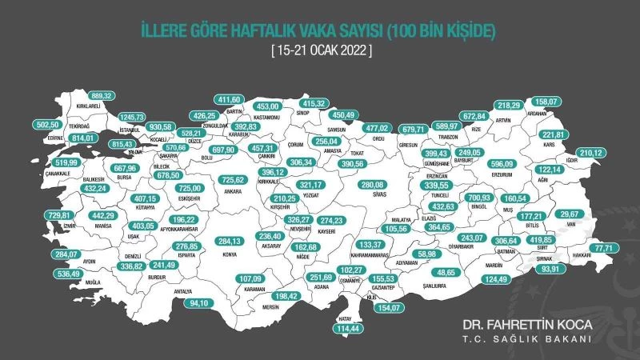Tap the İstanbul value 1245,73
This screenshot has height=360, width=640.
click(137, 118)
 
